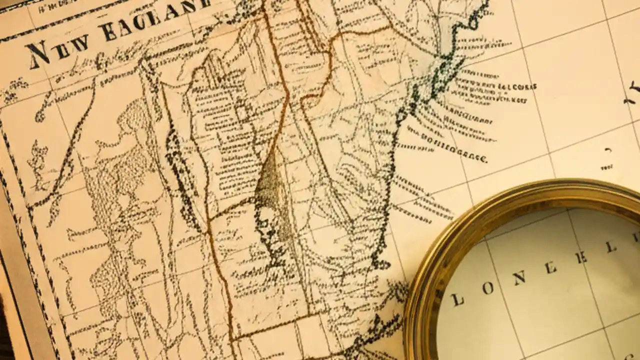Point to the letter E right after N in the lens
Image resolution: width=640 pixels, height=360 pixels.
[550, 268]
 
